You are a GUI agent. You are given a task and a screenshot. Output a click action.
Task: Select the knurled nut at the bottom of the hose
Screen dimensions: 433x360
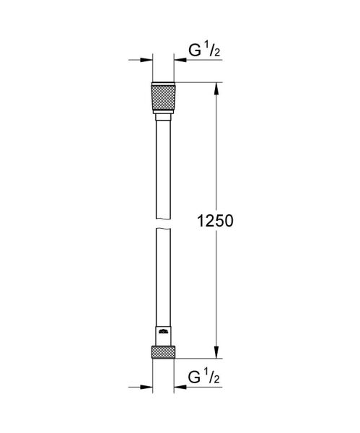tap(163, 353)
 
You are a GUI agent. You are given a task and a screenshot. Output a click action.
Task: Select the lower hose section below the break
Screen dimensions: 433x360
tap(163, 278)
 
